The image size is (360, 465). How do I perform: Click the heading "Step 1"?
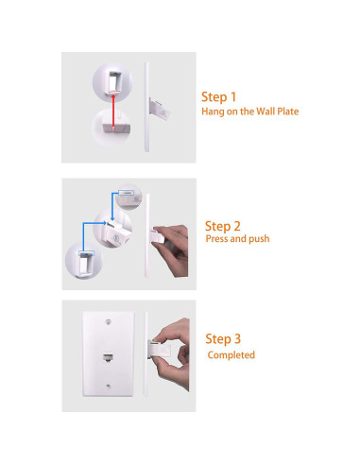(219, 96)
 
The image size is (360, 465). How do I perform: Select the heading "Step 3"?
(224, 339)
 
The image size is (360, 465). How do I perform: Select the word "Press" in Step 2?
(217, 239)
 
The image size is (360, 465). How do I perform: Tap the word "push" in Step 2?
(258, 239)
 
